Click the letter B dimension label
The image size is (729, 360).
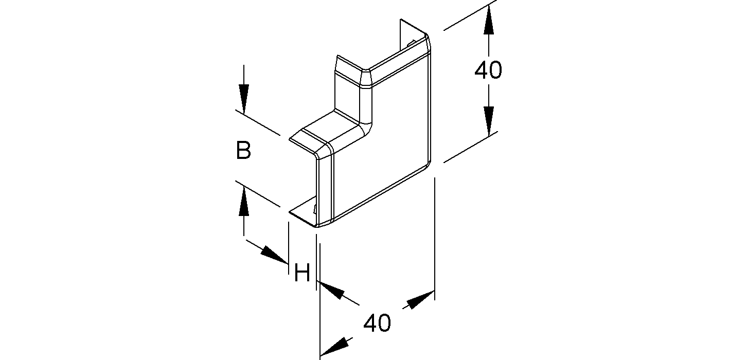tap(243, 151)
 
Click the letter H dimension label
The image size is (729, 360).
tap(301, 273)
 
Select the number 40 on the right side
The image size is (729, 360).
tap(488, 70)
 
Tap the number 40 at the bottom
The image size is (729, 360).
tap(377, 323)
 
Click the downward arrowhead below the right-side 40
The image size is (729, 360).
tap(489, 121)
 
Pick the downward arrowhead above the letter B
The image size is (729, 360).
tap(244, 99)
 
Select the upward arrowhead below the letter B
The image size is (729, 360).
tap(244, 202)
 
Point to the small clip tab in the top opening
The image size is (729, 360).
tap(411, 44)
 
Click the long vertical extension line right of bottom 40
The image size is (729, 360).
tap(435, 239)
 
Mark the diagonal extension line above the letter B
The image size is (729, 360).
tap(257, 122)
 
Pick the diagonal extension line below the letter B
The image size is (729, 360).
tap(257, 194)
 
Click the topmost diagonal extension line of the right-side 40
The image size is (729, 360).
tap(471, 15)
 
